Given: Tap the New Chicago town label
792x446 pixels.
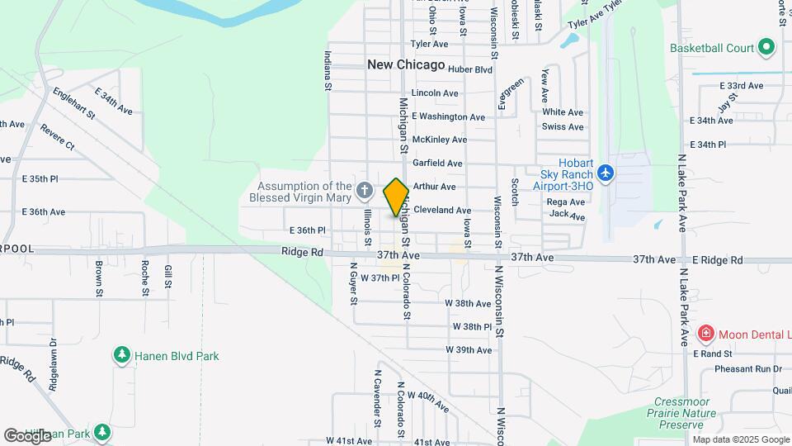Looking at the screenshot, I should tap(406, 64).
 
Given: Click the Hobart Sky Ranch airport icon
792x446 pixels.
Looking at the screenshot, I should tap(606, 173).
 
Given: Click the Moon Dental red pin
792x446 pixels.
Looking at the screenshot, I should tap(706, 334).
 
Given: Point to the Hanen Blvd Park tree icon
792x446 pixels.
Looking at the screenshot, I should tap(122, 355).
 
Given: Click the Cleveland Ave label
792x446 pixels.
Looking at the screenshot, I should tap(442, 211).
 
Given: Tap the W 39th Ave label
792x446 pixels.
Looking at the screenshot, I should tap(469, 350).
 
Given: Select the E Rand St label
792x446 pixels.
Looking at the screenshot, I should tap(707, 353).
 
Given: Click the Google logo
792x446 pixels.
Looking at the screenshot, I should tap(27, 435).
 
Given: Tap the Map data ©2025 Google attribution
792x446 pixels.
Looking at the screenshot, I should tap(741, 439).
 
